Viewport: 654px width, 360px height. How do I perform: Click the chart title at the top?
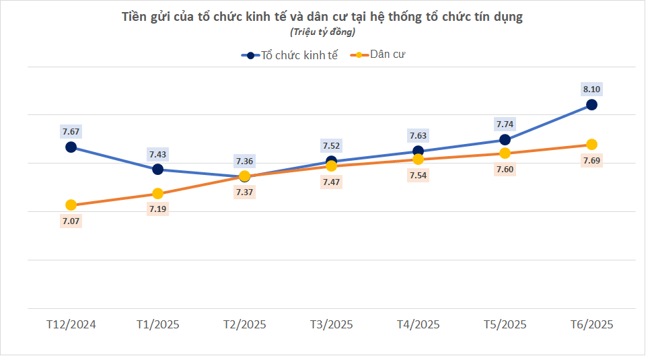pyautogui.click(x=322, y=17)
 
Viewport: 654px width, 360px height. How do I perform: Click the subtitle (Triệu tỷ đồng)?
pyautogui.click(x=322, y=32)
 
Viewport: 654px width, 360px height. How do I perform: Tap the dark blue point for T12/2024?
pyautogui.click(x=71, y=147)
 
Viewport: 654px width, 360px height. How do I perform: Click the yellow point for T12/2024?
pyautogui.click(x=71, y=205)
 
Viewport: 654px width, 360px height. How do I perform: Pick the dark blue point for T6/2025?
pyautogui.click(x=591, y=104)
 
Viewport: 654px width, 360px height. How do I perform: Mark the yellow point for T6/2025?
pyautogui.click(x=591, y=145)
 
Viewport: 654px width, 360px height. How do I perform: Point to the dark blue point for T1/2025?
pyautogui.click(x=157, y=169)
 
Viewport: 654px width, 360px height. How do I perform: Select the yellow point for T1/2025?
pyautogui.click(x=157, y=194)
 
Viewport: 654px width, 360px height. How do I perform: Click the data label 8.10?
pyautogui.click(x=591, y=89)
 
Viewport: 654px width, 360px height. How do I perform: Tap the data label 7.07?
pyautogui.click(x=71, y=221)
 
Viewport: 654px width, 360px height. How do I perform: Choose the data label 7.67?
pyautogui.click(x=71, y=131)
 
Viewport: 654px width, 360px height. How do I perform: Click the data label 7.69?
pyautogui.click(x=591, y=160)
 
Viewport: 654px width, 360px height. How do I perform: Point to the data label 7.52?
pyautogui.click(x=331, y=146)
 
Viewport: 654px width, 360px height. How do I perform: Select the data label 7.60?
pyautogui.click(x=505, y=169)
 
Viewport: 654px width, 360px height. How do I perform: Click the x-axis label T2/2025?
pyautogui.click(x=244, y=324)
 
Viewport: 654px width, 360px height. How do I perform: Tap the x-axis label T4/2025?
pyautogui.click(x=418, y=324)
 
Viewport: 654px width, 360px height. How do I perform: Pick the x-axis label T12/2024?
pyautogui.click(x=71, y=324)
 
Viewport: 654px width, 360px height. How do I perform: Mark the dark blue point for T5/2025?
pyautogui.click(x=505, y=140)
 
